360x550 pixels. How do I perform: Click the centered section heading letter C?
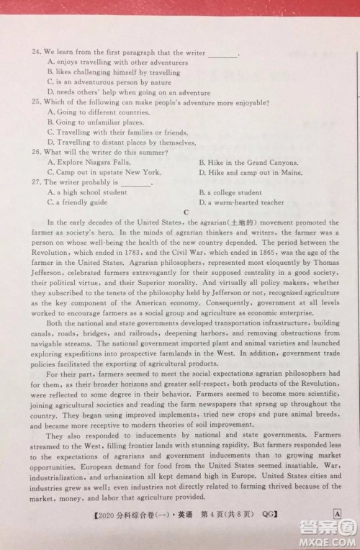[x=186, y=213]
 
